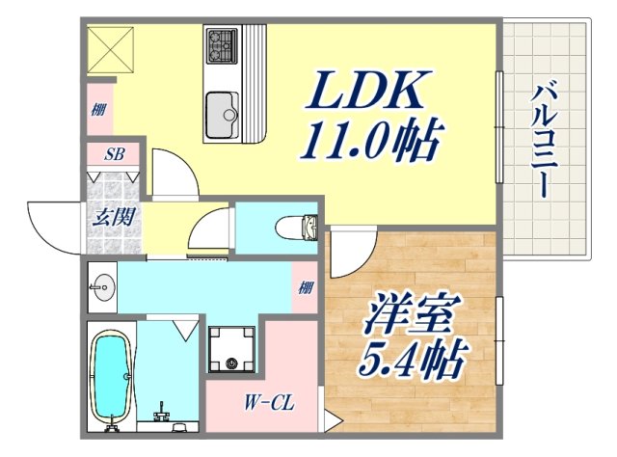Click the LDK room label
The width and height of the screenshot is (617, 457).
[x=365, y=94]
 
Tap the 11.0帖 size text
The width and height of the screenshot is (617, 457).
[x=370, y=142]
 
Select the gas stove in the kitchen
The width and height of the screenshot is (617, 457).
[x=221, y=43]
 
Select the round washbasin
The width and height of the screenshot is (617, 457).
[x=103, y=285]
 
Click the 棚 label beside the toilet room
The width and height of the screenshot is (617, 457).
[x=305, y=286]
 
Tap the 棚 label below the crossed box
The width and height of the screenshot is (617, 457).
[x=99, y=109]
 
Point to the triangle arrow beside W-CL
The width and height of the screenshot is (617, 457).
[x=330, y=421]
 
